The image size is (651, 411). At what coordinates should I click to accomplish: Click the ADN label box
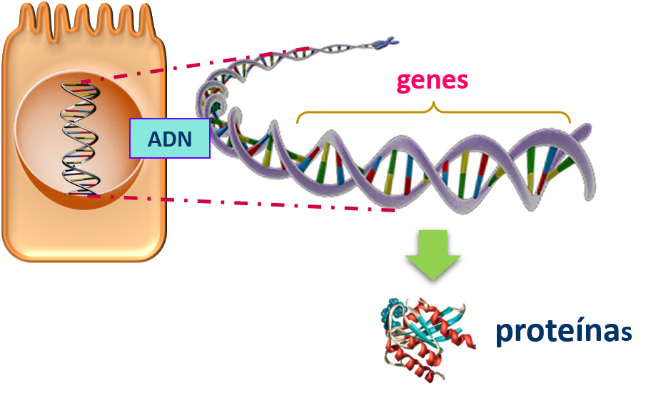[x=170, y=138]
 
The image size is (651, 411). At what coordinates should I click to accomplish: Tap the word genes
[x=433, y=80]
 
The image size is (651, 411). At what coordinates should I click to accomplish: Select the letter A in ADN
[x=156, y=139]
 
